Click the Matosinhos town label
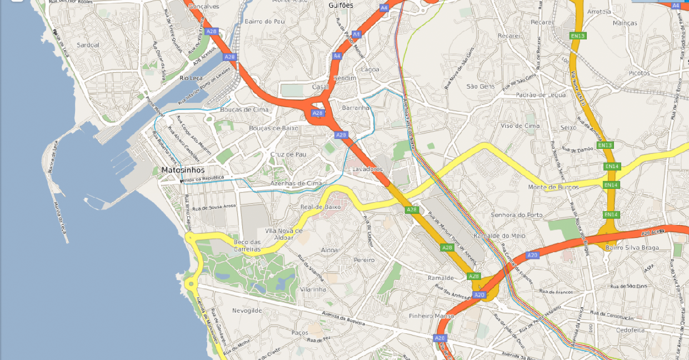pyautogui.click(x=183, y=170)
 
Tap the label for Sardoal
pyautogui.click(x=88, y=45)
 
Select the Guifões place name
pyautogui.click(x=341, y=5)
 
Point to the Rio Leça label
pyautogui.click(x=192, y=78)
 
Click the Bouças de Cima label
pyautogui.click(x=244, y=109)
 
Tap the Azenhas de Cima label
pyautogui.click(x=296, y=183)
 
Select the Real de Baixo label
pyautogui.click(x=320, y=207)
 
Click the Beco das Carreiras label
pyautogui.click(x=247, y=246)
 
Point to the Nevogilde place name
pyautogui.click(x=247, y=311)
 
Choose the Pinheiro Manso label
pyautogui.click(x=431, y=316)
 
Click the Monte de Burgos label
pyautogui.click(x=553, y=187)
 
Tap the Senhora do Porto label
pyautogui.click(x=516, y=215)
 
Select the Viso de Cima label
pyautogui.click(x=520, y=126)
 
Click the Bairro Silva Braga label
pyautogui.click(x=632, y=248)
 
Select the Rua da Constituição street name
pyautogui.click(x=611, y=316)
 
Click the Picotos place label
pyautogui.click(x=639, y=73)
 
